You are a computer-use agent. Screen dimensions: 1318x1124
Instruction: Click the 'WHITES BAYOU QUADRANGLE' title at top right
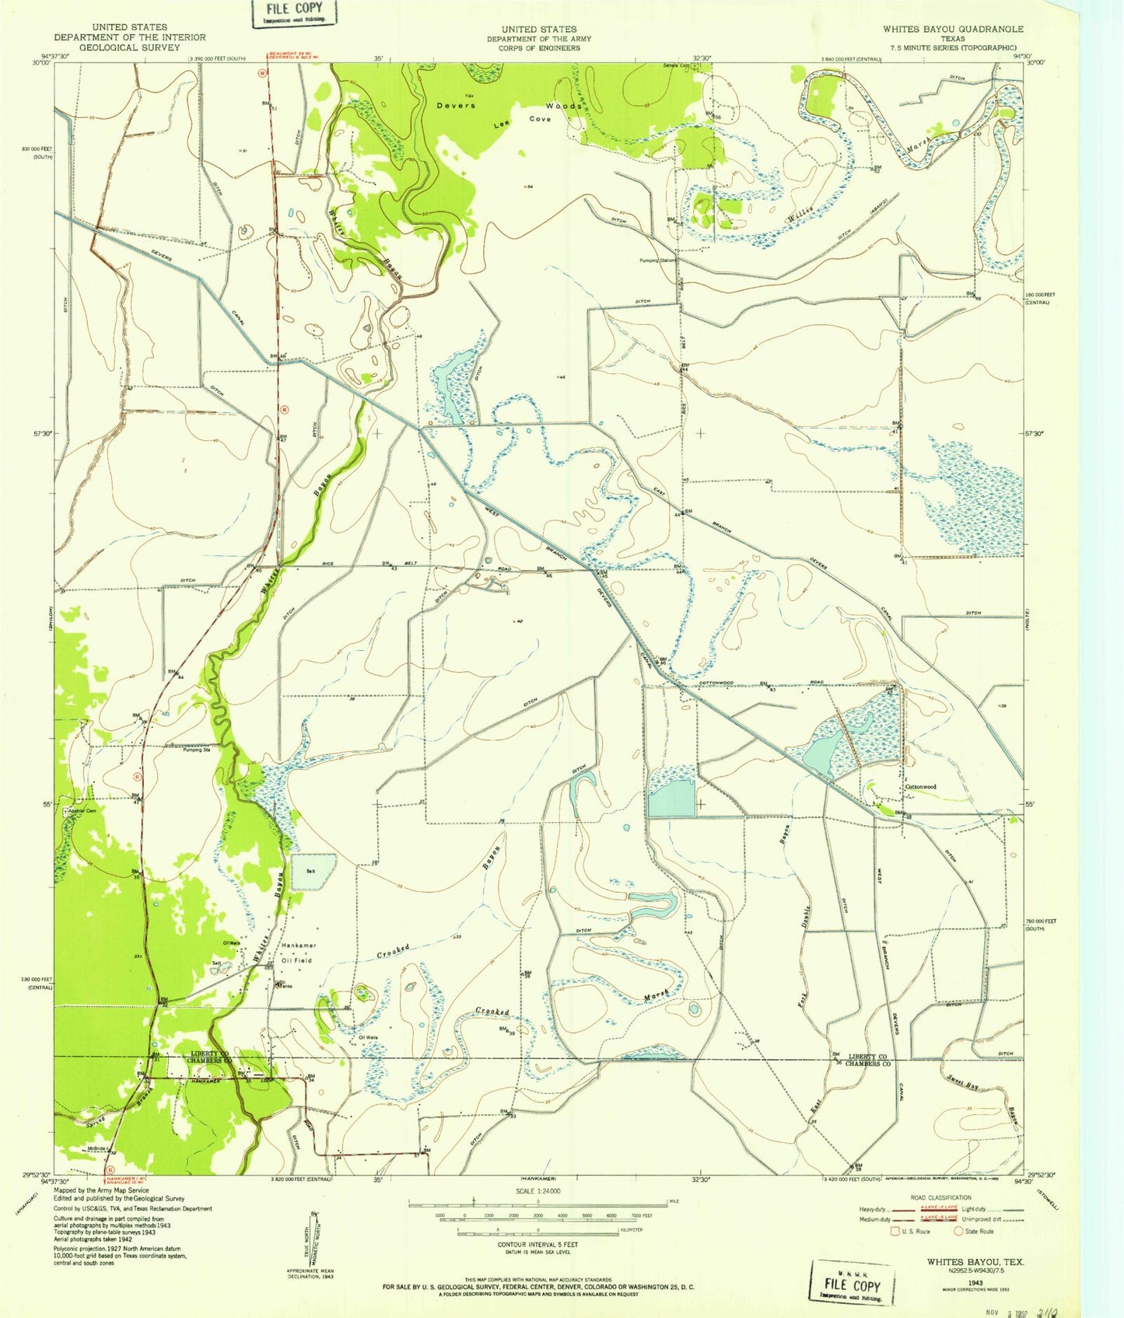tap(953, 29)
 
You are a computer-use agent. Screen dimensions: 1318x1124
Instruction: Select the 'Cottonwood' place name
tap(920, 787)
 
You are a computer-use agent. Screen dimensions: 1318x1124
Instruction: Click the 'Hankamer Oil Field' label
tap(296, 953)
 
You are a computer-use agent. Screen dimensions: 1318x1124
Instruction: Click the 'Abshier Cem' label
tap(81, 810)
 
